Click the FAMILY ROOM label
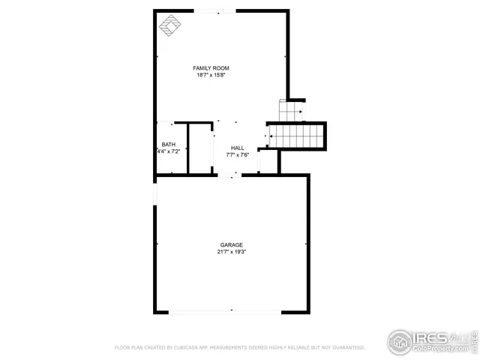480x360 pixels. pyautogui.click(x=211, y=68)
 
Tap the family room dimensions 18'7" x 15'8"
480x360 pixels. pyautogui.click(x=211, y=75)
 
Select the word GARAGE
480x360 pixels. pyautogui.click(x=231, y=245)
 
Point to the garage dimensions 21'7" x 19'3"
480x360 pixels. pyautogui.click(x=231, y=252)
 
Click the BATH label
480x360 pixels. pyautogui.click(x=169, y=145)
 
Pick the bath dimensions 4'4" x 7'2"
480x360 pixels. pyautogui.click(x=169, y=151)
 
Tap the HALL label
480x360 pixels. pyautogui.click(x=237, y=148)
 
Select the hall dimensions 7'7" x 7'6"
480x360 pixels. pyautogui.click(x=237, y=155)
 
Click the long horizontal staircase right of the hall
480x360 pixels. pyautogui.click(x=297, y=136)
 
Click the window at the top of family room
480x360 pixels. pyautogui.click(x=214, y=11)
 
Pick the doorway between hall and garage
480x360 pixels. pyautogui.click(x=229, y=175)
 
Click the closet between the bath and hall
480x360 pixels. pyautogui.click(x=199, y=148)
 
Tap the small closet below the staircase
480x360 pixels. pyautogui.click(x=268, y=161)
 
